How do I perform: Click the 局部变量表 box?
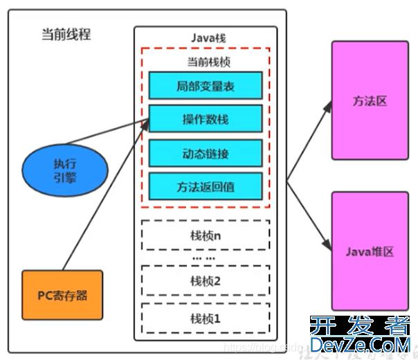pos(205,86)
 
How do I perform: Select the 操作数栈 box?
pos(205,119)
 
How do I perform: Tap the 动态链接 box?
pos(205,152)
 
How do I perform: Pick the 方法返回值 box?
pos(205,186)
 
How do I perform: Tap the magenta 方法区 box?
pos(370,101)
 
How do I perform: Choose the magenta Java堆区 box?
pos(370,251)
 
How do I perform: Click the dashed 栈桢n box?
pos(205,235)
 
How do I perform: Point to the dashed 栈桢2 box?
pos(205,280)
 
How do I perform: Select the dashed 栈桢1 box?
pos(205,318)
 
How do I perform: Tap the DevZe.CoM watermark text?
pos(360,345)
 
